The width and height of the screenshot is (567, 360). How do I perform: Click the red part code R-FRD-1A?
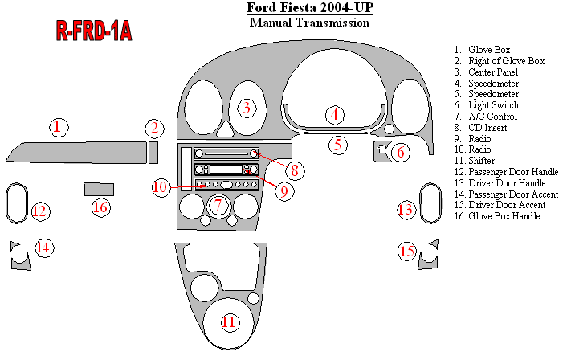94,31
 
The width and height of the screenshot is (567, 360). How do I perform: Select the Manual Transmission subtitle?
309,22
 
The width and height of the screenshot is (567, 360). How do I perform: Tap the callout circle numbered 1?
57,126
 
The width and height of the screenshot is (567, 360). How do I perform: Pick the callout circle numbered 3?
247,107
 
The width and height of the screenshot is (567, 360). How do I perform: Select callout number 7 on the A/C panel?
217,205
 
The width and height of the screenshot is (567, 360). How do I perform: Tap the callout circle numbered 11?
229,322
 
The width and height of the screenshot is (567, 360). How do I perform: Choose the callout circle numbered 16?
100,207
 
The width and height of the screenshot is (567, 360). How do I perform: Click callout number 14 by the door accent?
43,247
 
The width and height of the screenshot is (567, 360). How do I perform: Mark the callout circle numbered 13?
406,210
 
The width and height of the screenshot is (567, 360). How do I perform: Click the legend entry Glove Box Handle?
504,216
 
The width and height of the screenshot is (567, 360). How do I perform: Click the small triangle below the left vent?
227,128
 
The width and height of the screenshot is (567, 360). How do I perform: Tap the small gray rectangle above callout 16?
96,189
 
